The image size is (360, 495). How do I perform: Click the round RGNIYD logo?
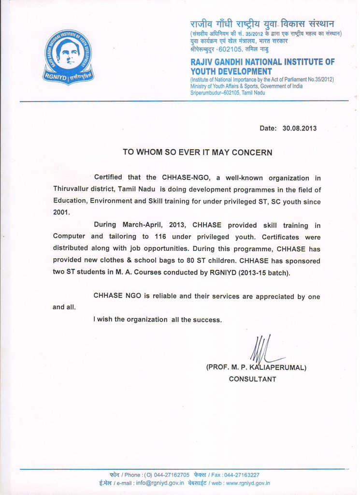[x=68, y=57]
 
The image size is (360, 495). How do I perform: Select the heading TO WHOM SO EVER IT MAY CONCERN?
[x=198, y=152]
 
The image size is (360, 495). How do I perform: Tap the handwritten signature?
[x=264, y=349]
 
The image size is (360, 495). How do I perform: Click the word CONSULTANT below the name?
[x=252, y=379]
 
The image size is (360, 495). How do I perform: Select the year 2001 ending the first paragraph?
[x=61, y=212]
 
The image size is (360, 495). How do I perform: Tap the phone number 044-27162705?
[x=172, y=475]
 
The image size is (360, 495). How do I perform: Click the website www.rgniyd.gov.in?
[x=248, y=483]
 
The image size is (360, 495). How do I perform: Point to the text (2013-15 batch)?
[x=264, y=272]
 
